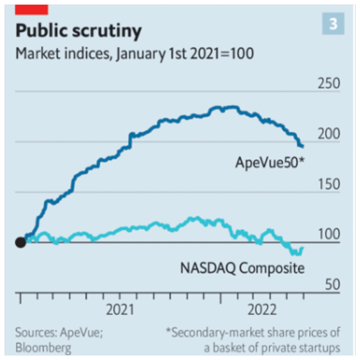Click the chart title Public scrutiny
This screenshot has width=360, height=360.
[78, 31]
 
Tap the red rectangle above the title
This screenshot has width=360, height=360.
[32, 8]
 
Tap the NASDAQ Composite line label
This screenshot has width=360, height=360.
[242, 268]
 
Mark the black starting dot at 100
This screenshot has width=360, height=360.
[20, 242]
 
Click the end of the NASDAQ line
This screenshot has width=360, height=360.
[302, 247]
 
